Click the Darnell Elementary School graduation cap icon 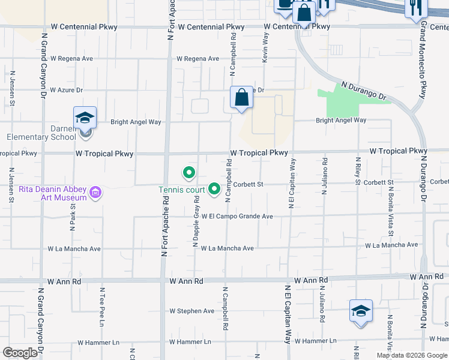click(x=85, y=118)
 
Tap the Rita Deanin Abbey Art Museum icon click(x=95, y=193)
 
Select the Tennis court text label click(x=182, y=190)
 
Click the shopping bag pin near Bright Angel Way click(x=241, y=97)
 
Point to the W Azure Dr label click(x=66, y=90)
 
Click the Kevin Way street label click(x=265, y=46)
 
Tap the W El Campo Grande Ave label click(x=237, y=216)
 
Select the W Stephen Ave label click(x=191, y=311)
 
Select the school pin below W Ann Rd click(x=361, y=311)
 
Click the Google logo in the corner click(x=20, y=353)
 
